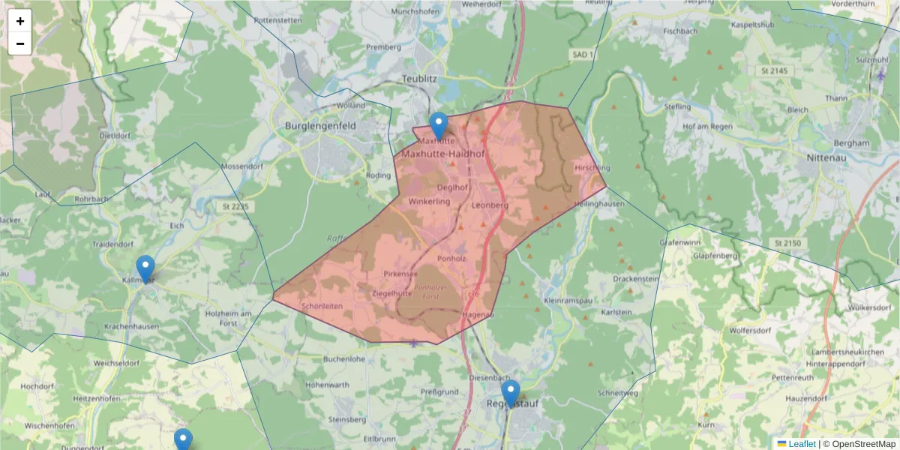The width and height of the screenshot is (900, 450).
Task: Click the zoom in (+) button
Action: click(x=20, y=21)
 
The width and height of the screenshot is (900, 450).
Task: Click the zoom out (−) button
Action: click(x=20, y=43)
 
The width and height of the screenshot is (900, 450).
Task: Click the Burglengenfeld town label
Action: click(x=320, y=127)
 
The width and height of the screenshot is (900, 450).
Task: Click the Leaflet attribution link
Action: click(x=802, y=444)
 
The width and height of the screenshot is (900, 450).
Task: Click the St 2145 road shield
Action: click(x=772, y=70)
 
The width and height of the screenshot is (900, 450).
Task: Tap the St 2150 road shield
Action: click(x=787, y=243)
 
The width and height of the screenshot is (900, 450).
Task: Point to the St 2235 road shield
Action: click(x=234, y=206)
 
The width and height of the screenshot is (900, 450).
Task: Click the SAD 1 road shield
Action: click(x=582, y=55)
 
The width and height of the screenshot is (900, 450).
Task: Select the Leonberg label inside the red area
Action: click(x=490, y=205)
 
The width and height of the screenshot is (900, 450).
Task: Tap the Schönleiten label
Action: click(x=322, y=306)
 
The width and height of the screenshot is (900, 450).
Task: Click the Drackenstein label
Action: click(x=635, y=278)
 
